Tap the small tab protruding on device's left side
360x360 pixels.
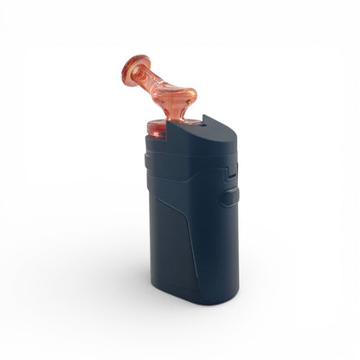[141, 160]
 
